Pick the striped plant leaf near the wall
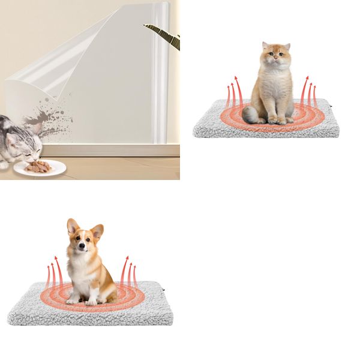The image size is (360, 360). [164, 35]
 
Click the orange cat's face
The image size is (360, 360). [275, 56]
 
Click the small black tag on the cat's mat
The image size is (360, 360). [337, 110]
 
